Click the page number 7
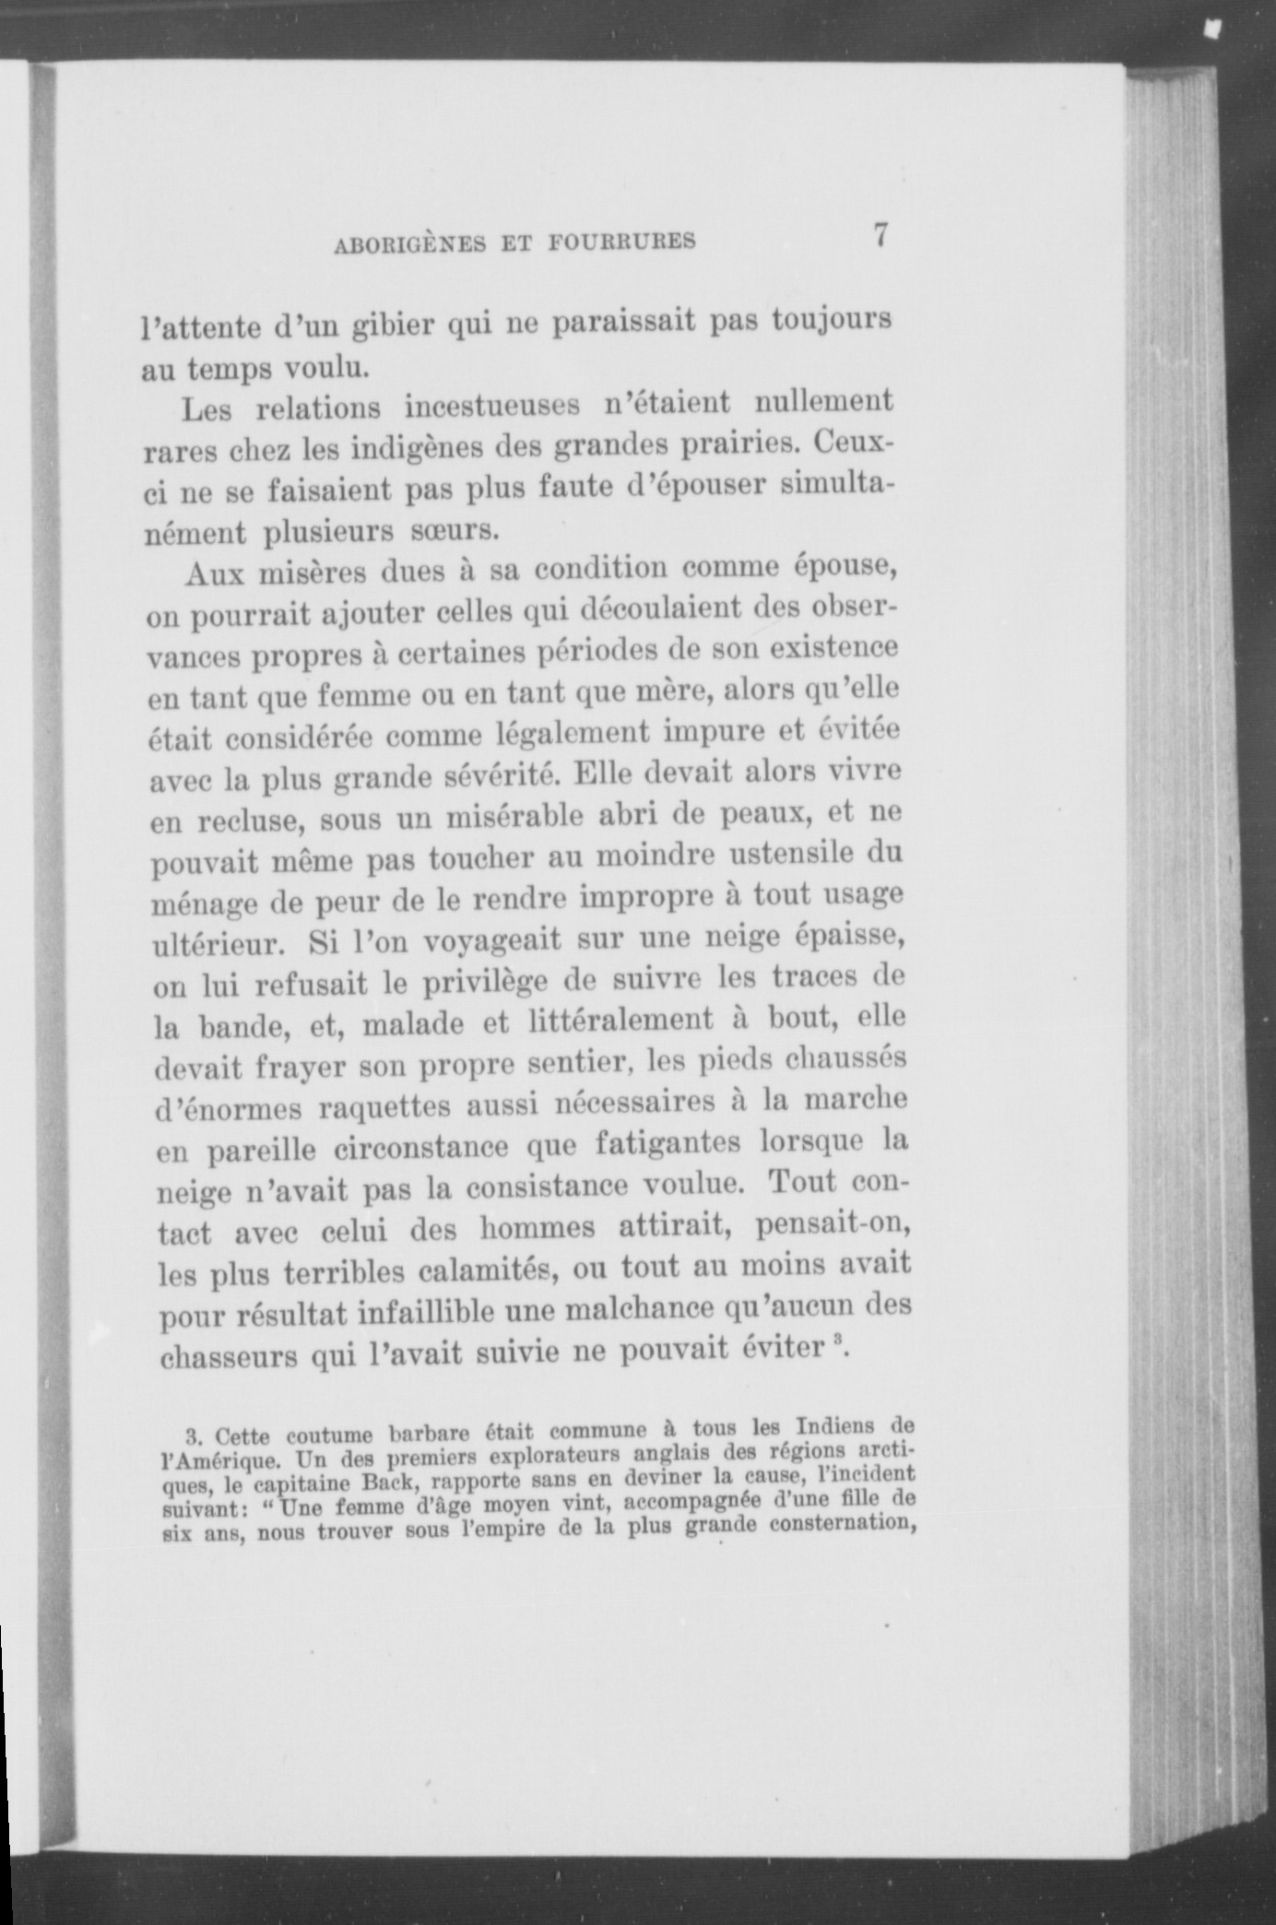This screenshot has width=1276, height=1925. click(x=880, y=235)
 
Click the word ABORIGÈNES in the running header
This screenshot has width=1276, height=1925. click(x=408, y=244)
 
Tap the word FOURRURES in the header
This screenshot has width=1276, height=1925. click(x=621, y=242)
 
